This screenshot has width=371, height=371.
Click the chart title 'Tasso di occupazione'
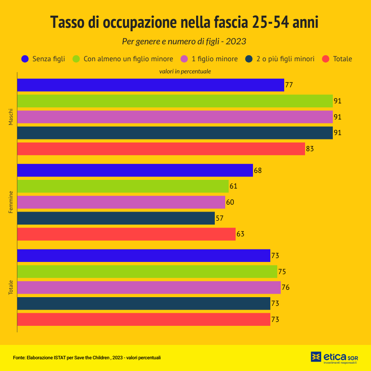click(x=184, y=22)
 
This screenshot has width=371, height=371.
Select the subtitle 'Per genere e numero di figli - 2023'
click(x=184, y=42)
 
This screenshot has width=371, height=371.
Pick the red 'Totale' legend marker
click(x=326, y=59)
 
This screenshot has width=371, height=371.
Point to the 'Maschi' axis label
click(x=11, y=117)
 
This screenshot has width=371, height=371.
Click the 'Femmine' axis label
click(x=11, y=202)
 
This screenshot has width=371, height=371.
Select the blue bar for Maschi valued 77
click(x=150, y=85)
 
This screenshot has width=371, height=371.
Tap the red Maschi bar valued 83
click(x=161, y=149)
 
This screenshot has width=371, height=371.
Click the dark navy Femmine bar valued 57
click(x=115, y=218)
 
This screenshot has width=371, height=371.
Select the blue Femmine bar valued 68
click(x=135, y=170)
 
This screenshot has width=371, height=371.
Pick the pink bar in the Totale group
click(x=148, y=288)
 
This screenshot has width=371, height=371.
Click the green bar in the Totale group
click(x=147, y=272)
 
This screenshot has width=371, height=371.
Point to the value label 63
click(x=240, y=234)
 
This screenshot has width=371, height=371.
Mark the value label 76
click(x=286, y=288)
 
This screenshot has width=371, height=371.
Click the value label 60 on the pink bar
click(x=230, y=202)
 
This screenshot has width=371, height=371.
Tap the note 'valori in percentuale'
click(x=185, y=71)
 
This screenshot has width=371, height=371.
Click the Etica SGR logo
click(x=334, y=357)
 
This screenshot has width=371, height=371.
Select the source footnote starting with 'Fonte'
click(x=87, y=358)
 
